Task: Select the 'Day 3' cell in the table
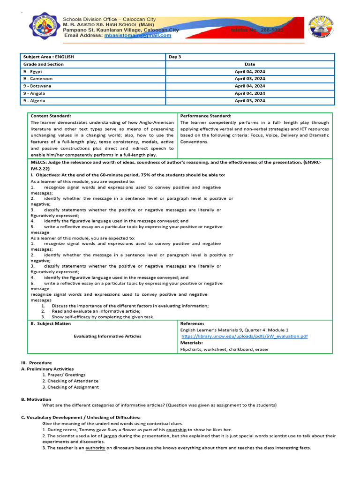point(174,57)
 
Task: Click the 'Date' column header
point(250,64)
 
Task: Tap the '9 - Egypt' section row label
point(33,71)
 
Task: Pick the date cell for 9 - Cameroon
point(250,79)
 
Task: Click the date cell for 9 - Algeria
point(250,101)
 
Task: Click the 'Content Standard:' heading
point(51,116)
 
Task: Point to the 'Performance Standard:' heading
point(205,116)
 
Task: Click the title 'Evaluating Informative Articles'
point(107,336)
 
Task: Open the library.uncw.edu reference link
point(244,337)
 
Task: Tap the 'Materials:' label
point(191,343)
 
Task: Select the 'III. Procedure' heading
point(36,363)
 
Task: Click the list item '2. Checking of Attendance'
point(70,381)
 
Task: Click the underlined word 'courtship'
point(176,429)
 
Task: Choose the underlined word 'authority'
point(95,448)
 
